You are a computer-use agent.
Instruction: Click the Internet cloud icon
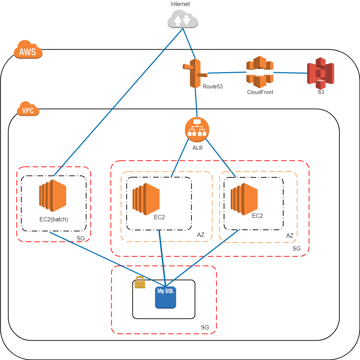183,19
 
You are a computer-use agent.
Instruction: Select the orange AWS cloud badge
28,51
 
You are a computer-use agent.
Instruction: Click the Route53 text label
213,86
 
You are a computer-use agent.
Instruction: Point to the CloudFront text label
260,92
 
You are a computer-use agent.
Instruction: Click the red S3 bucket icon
320,73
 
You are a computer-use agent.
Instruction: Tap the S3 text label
321,92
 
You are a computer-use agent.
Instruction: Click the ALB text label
197,147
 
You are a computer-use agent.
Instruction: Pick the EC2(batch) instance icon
53,195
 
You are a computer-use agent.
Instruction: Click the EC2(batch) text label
54,219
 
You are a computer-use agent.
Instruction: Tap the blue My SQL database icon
165,297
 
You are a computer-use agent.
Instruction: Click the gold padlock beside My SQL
140,283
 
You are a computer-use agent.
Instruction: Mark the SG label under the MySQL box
205,327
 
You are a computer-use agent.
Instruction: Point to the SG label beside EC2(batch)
80,238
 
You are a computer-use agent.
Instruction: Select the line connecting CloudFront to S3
290,72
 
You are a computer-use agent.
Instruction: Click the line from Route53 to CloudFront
226,73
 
